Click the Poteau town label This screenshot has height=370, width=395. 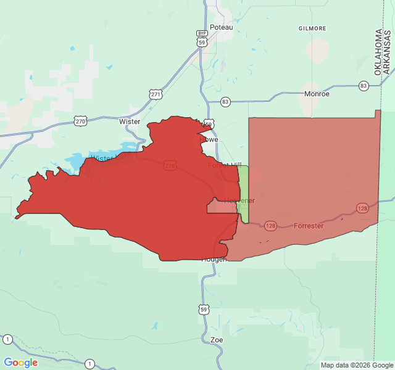(222, 27)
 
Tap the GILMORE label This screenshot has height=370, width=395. (312, 28)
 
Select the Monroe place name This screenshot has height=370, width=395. (317, 94)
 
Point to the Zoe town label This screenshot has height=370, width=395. (217, 340)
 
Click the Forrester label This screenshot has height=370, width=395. (309, 226)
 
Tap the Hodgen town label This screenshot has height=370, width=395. (214, 259)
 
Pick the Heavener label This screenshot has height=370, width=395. (239, 200)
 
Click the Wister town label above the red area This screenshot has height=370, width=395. (130, 121)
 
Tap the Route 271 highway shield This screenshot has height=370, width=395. (156, 94)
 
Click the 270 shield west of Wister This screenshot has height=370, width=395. (80, 121)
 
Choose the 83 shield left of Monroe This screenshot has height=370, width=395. (225, 102)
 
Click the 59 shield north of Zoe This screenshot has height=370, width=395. (204, 308)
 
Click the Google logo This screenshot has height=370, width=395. (21, 363)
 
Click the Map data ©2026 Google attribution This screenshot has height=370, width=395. (352, 365)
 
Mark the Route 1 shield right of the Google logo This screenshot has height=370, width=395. (90, 363)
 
